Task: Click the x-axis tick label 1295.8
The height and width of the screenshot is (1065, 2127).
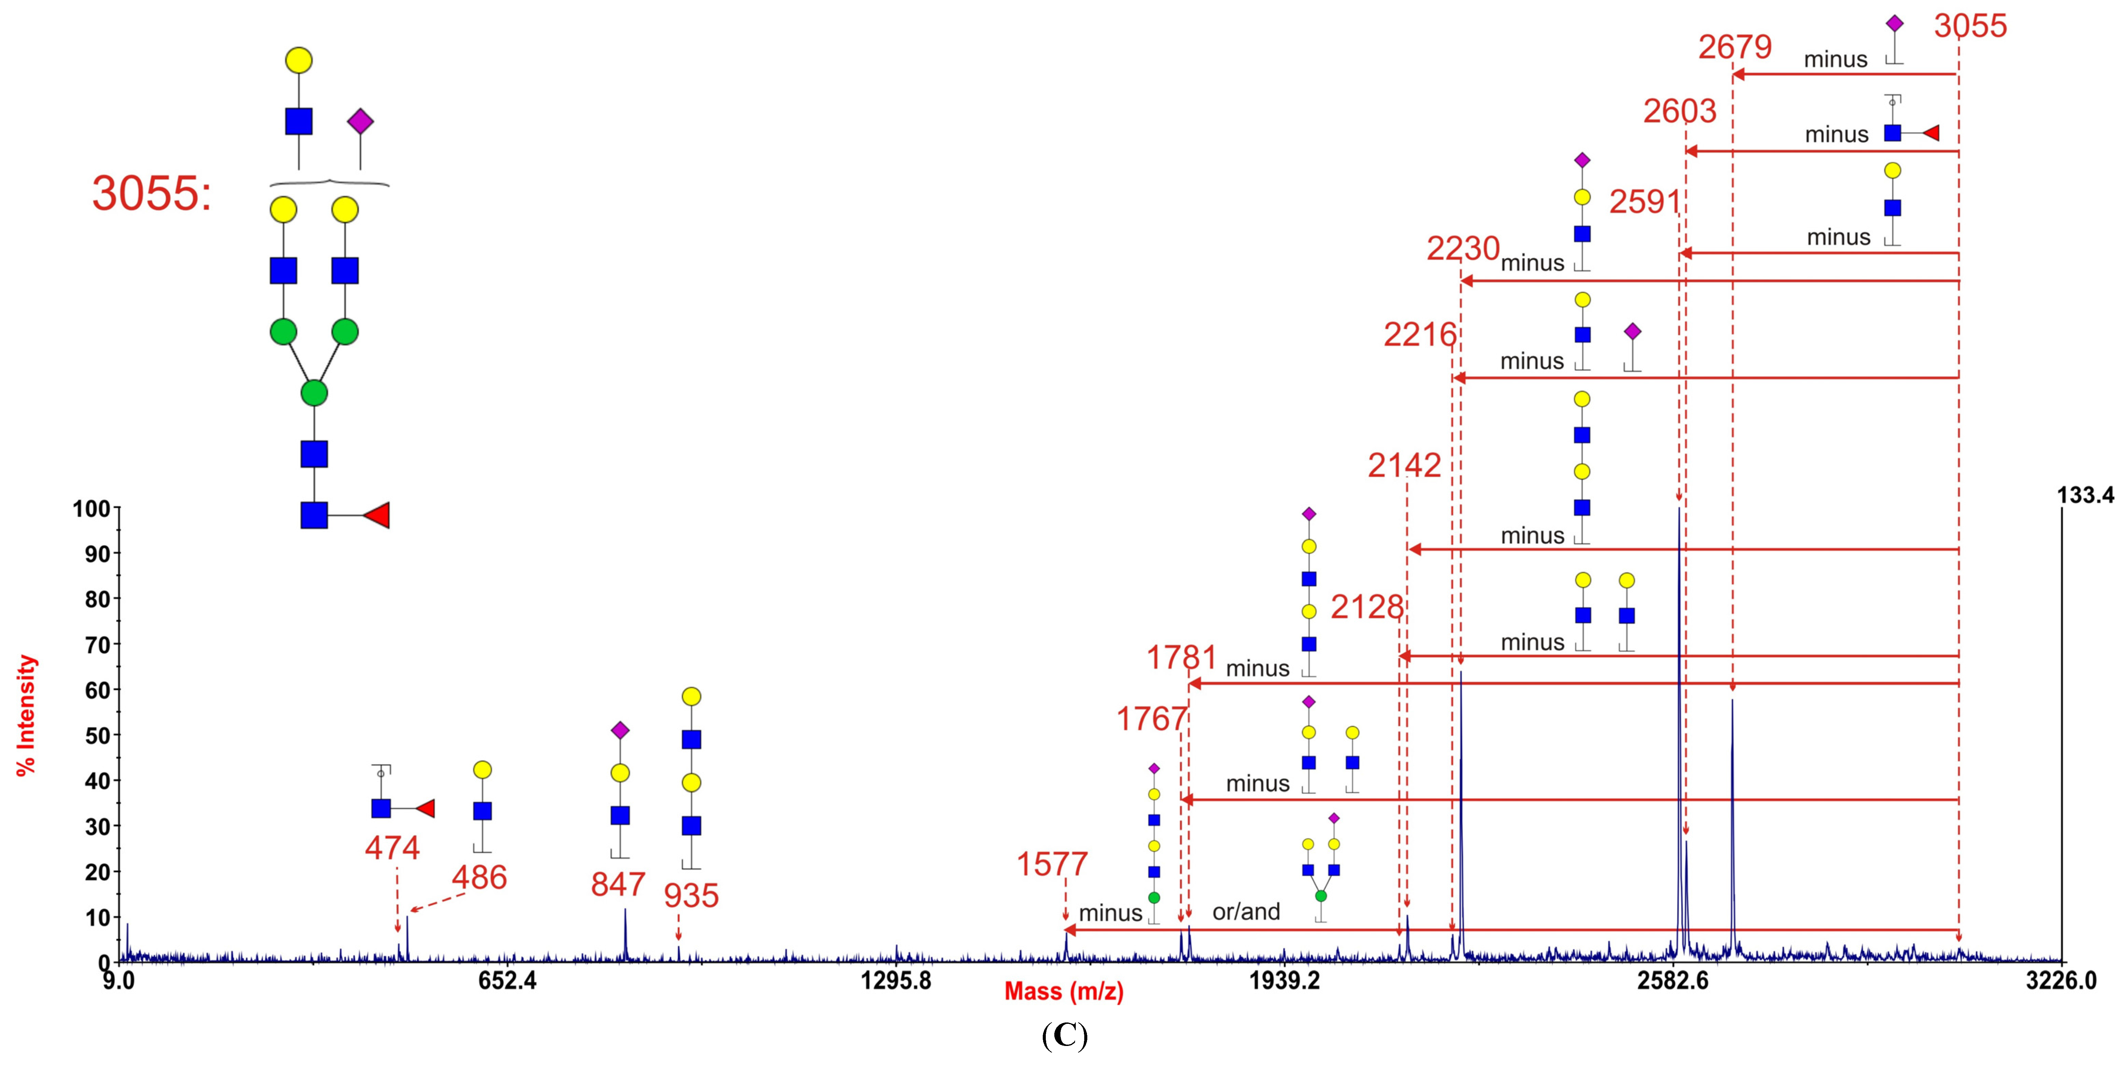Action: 896,981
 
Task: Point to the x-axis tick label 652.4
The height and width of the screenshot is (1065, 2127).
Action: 507,981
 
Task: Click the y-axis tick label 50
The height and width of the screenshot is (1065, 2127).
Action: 97,735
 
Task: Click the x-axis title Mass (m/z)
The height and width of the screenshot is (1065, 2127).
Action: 1063,992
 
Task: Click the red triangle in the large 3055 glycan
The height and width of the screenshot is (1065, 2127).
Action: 378,515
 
